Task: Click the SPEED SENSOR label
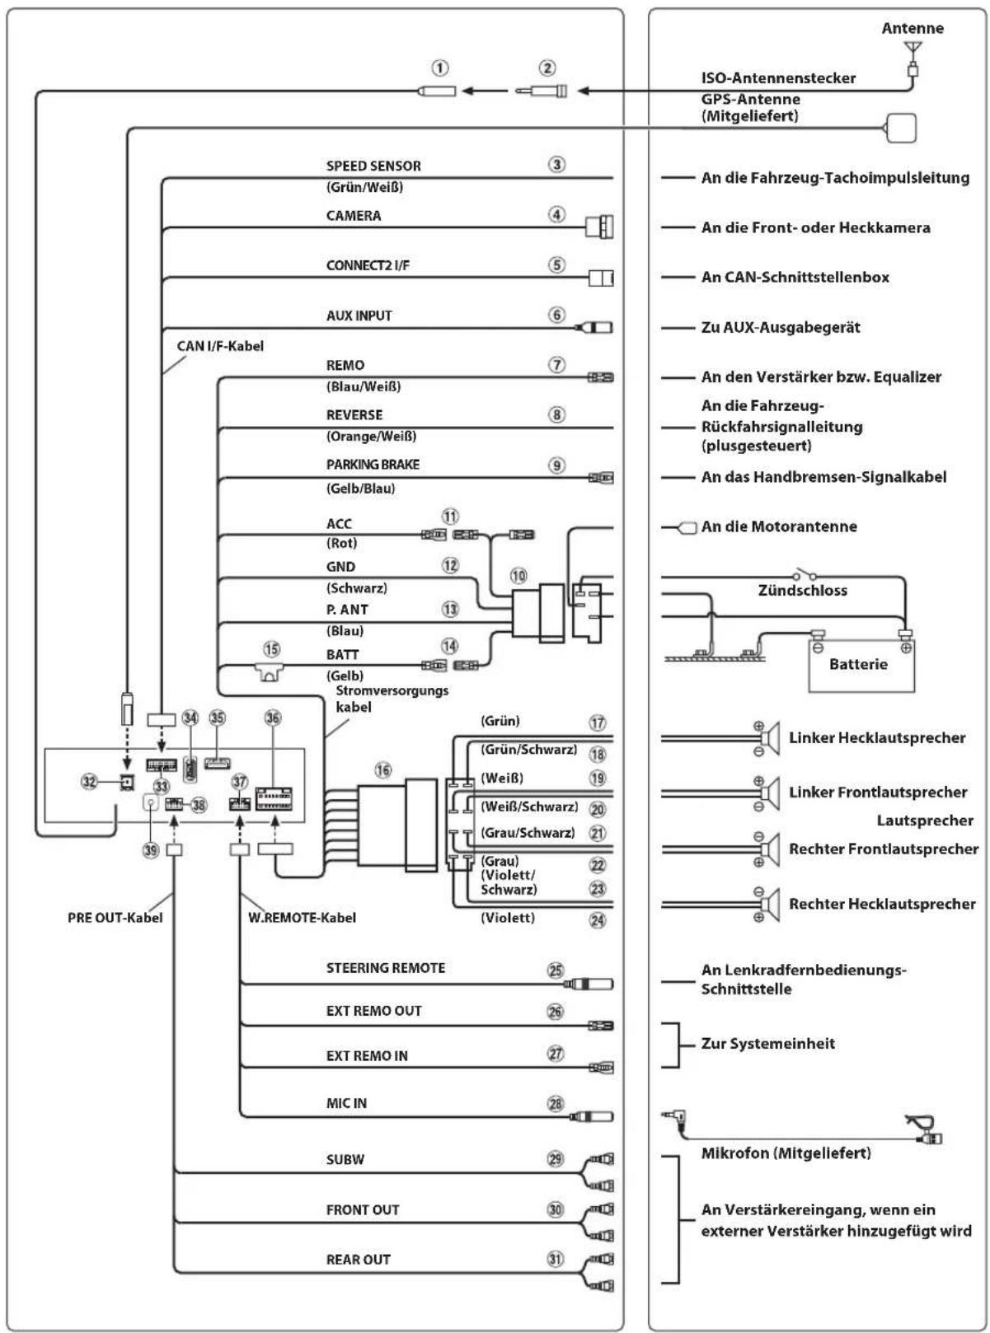(373, 166)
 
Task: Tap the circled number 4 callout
(556, 214)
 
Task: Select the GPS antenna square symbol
(900, 128)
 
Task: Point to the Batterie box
(861, 664)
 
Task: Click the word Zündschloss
(802, 590)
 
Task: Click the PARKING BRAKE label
(373, 465)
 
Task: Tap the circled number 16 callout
(382, 769)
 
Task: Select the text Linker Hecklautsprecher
(876, 737)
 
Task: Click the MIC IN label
(346, 1103)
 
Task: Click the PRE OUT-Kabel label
(115, 918)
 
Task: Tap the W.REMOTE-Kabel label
(302, 918)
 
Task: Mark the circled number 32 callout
(89, 781)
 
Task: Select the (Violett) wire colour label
(507, 918)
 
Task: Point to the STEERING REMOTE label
(386, 967)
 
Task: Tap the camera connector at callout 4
(599, 227)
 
